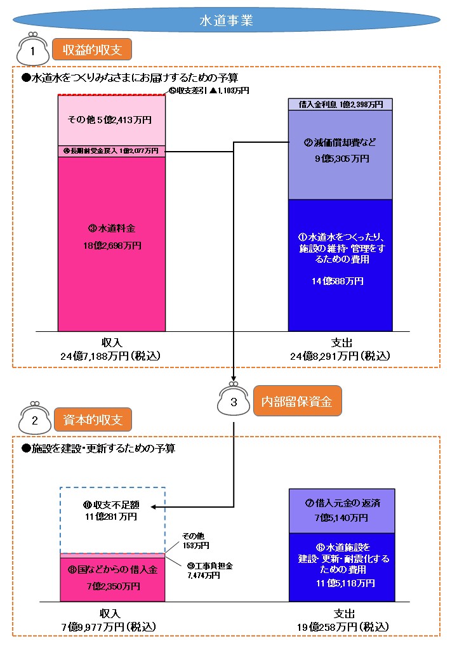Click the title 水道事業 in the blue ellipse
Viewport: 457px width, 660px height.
click(226, 20)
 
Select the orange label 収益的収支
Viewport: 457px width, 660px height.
click(92, 49)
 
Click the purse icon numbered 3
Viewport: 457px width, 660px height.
click(234, 400)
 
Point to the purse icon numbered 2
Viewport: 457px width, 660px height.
click(34, 419)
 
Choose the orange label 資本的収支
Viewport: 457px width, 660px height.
click(92, 419)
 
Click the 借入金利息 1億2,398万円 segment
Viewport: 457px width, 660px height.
click(340, 104)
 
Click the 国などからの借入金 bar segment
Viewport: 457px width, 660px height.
click(112, 577)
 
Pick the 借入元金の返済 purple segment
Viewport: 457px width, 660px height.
click(341, 511)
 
